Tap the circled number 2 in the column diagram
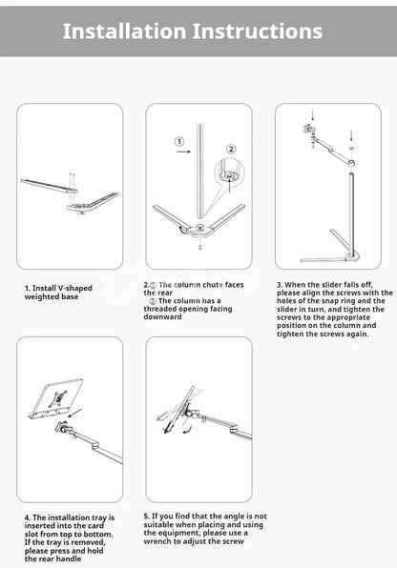coord(229,149)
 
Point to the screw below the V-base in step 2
coord(198,245)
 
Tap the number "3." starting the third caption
coord(279,284)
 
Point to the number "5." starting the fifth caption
coord(147,516)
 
